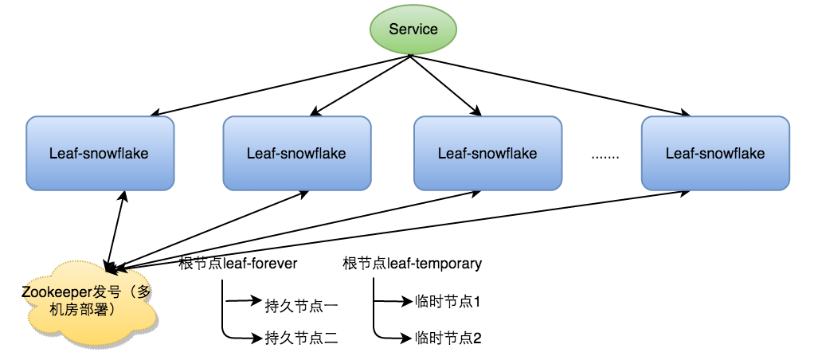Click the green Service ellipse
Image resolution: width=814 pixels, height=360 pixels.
413,29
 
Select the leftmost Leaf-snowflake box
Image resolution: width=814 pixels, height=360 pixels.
100,153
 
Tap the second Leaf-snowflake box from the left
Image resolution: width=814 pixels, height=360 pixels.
297,153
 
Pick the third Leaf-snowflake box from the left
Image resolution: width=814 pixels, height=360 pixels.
487,153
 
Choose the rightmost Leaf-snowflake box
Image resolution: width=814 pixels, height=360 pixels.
715,153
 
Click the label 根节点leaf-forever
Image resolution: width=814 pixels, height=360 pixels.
238,263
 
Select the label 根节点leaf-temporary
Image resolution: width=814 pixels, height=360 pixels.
411,263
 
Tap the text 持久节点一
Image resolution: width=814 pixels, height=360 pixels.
302,303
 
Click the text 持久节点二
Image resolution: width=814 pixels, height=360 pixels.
302,338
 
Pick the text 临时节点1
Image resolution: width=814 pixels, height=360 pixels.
449,303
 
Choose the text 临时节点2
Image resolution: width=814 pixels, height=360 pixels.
449,338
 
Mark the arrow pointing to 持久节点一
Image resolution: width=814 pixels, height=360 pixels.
243,302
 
